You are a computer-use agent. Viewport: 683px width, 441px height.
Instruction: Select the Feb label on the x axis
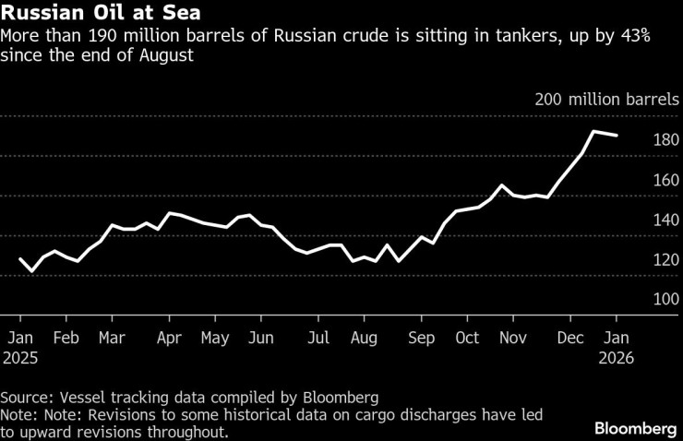(x=66, y=338)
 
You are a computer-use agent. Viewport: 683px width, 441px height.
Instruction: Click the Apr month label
(x=169, y=338)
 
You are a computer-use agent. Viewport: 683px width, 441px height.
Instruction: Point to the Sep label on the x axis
(x=421, y=338)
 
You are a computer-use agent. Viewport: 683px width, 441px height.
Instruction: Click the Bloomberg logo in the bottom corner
(x=634, y=429)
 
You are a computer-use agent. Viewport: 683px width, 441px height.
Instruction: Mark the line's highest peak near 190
(x=593, y=132)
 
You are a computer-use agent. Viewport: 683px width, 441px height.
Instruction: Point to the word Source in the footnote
(x=26, y=398)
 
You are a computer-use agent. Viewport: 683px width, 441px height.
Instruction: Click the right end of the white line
(x=617, y=136)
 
